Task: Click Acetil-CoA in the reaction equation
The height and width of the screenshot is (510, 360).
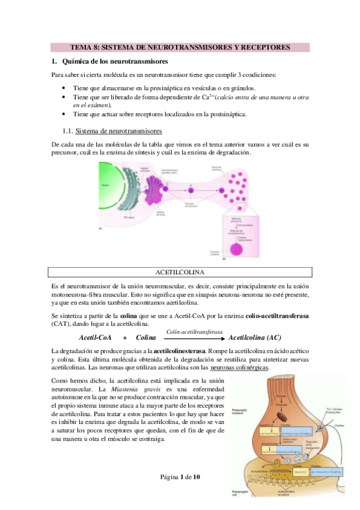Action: (94, 337)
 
